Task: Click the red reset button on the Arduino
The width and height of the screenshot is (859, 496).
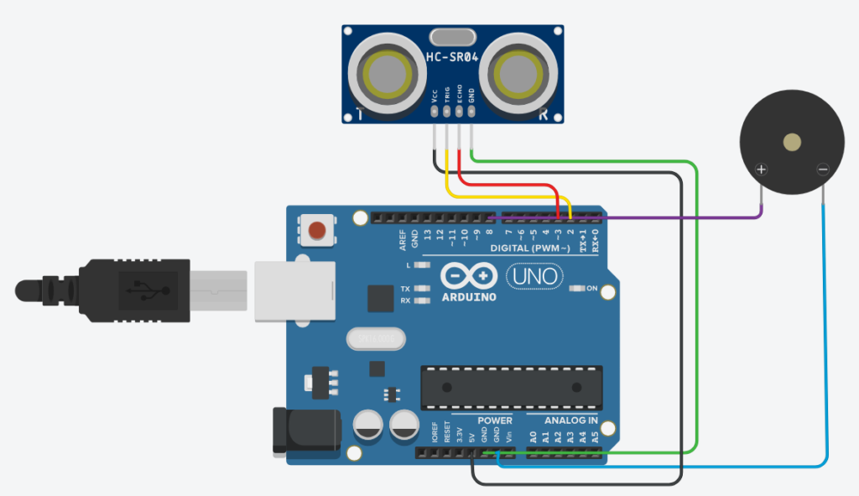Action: point(318,229)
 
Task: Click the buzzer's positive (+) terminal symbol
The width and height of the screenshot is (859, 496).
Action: point(761,170)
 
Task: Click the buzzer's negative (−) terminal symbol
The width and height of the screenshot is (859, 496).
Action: point(822,170)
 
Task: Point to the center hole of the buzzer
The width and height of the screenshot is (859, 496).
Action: point(791,143)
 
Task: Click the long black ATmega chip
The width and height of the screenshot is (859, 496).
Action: point(511,387)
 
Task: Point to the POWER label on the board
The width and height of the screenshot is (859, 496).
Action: point(495,420)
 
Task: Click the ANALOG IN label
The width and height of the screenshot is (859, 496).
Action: point(570,420)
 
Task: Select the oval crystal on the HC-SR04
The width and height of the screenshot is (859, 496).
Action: point(453,37)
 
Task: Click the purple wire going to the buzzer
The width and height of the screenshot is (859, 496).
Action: point(671,218)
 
